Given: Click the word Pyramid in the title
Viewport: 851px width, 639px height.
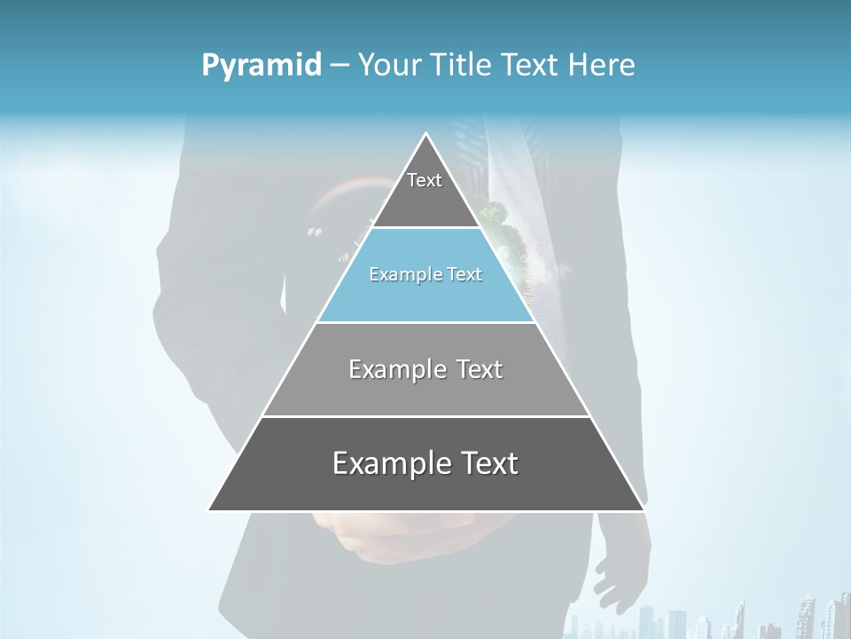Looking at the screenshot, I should (261, 66).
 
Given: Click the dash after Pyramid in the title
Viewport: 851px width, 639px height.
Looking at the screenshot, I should (339, 66).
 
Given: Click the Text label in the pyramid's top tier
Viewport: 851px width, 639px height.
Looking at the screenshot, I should (425, 180).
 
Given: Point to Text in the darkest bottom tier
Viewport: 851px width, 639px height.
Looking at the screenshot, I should (487, 463).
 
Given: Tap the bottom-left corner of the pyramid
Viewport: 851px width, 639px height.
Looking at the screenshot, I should (209, 509).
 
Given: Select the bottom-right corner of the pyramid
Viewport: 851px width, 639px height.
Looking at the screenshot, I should (644, 509).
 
